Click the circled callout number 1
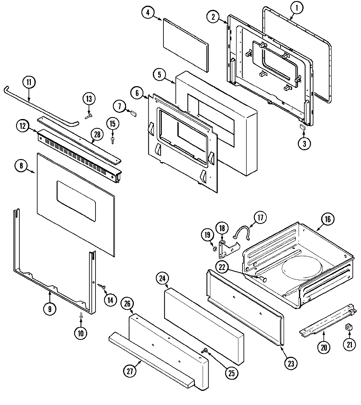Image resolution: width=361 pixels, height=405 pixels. (296, 9)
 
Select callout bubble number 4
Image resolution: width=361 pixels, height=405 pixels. (148, 12)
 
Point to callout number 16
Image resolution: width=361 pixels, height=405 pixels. (328, 219)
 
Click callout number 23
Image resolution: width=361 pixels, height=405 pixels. (291, 363)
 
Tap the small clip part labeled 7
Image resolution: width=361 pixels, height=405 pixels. (133, 113)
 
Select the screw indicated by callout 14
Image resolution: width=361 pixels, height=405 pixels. (102, 287)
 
